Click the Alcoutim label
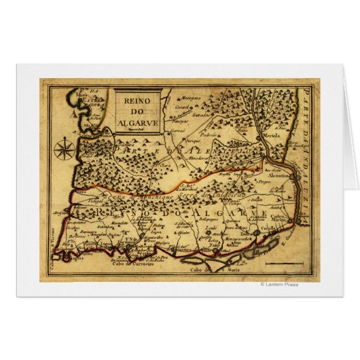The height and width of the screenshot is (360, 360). coord(278,174)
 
